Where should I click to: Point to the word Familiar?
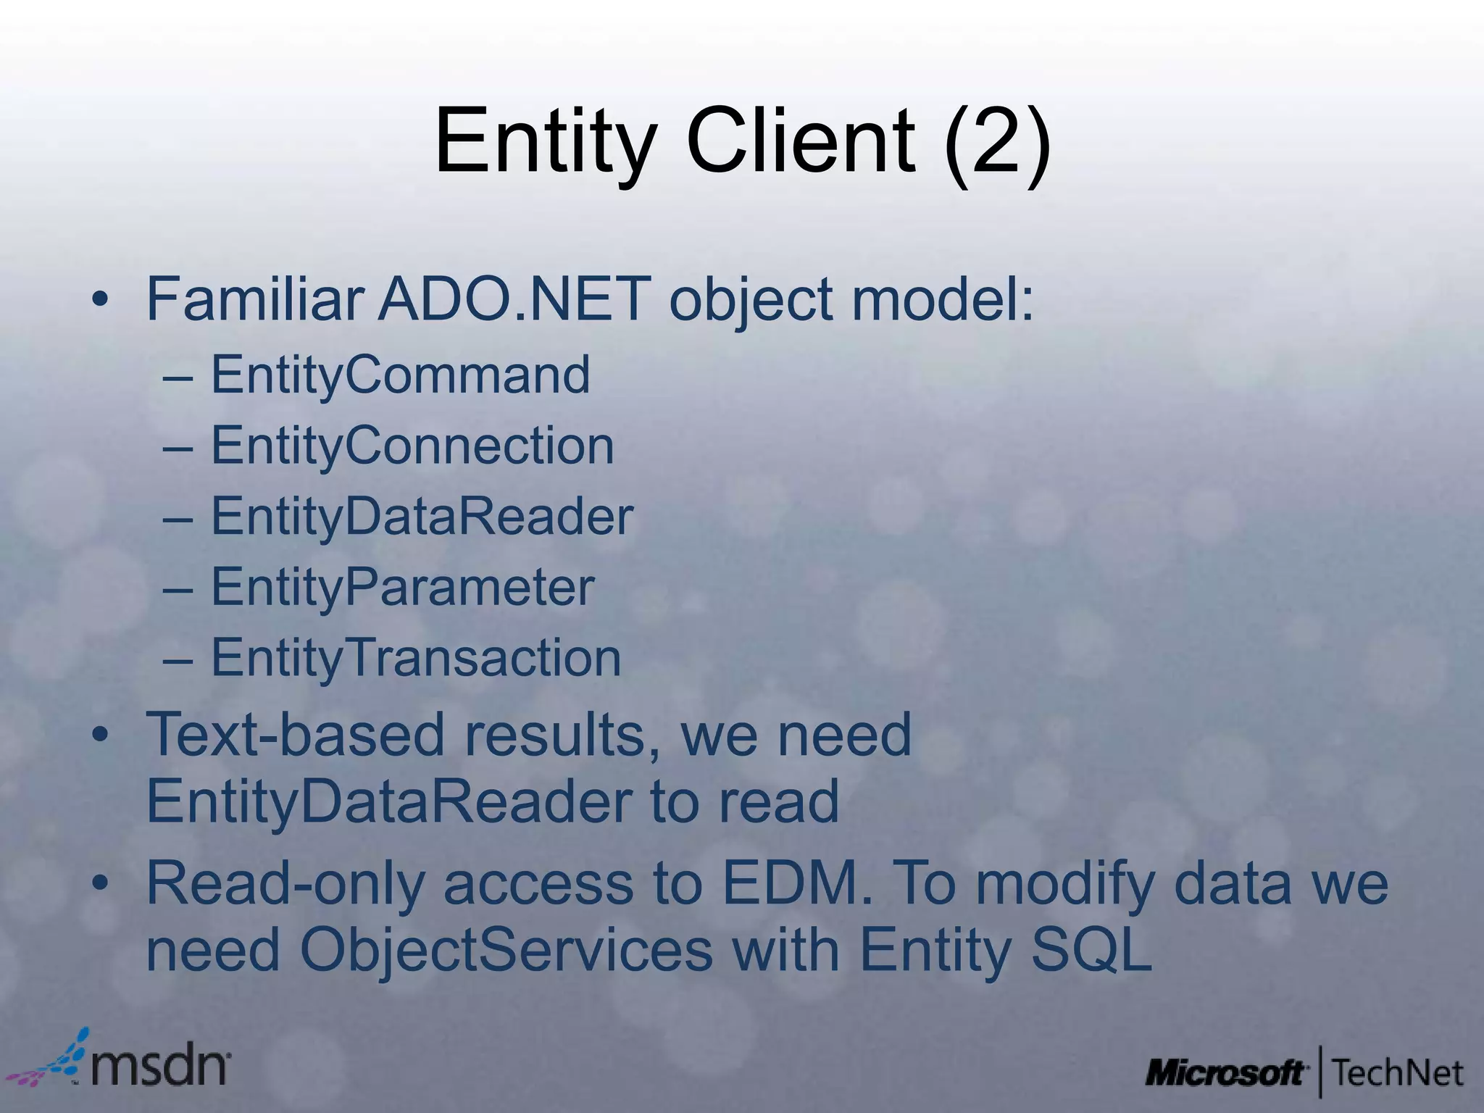[x=254, y=299]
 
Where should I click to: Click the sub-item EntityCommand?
[x=400, y=375]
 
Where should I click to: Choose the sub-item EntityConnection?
[x=412, y=446]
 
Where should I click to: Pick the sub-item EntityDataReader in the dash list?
[x=422, y=517]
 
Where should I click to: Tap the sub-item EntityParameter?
[x=402, y=587]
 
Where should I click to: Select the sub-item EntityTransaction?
[x=415, y=658]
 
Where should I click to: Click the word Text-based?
[x=295, y=734]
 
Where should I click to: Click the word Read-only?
[x=285, y=884]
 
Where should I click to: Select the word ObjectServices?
[x=506, y=950]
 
